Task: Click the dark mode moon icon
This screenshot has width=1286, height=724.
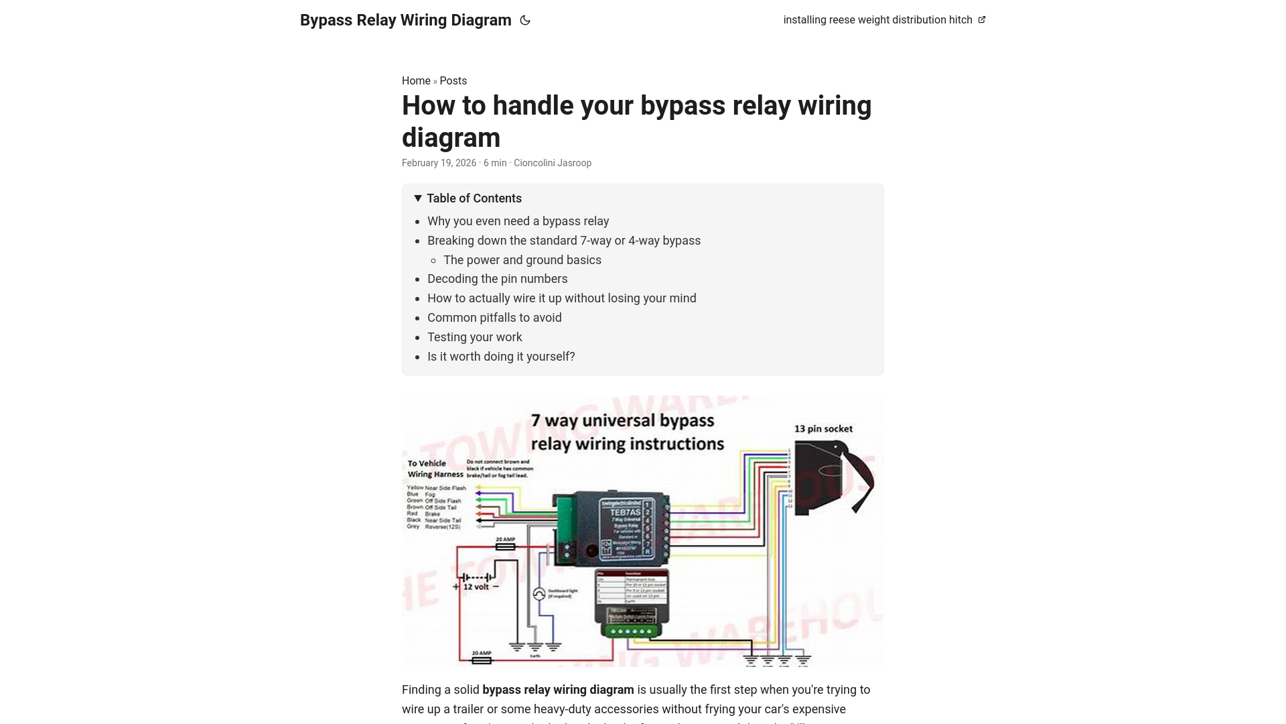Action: (x=525, y=21)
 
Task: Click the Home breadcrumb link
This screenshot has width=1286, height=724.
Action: (x=416, y=81)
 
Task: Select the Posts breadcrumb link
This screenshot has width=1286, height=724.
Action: (x=453, y=81)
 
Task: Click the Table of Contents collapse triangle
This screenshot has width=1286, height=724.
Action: (x=418, y=198)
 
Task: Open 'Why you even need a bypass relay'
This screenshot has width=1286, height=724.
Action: (x=518, y=221)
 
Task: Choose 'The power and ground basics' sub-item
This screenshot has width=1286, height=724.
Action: (x=522, y=260)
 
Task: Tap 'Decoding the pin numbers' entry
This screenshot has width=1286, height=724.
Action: (x=497, y=279)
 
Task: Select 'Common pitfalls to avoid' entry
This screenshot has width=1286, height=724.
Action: (x=494, y=318)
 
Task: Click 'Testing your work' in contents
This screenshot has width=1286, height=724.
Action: (x=474, y=337)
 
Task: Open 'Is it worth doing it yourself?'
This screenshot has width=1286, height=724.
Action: (x=501, y=357)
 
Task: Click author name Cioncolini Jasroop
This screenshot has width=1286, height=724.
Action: (x=552, y=163)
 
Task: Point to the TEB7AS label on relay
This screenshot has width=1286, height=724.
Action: (x=624, y=512)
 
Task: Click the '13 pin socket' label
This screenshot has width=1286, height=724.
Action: (x=823, y=429)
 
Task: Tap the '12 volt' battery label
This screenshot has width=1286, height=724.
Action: (x=476, y=587)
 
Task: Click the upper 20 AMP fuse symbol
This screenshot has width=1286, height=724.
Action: (x=505, y=546)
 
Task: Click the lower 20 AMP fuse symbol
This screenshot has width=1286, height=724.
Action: (x=482, y=660)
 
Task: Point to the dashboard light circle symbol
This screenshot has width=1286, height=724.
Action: (x=539, y=594)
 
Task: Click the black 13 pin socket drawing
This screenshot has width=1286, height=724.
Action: (x=831, y=477)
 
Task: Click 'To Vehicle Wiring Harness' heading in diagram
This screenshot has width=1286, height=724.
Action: (x=435, y=469)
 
